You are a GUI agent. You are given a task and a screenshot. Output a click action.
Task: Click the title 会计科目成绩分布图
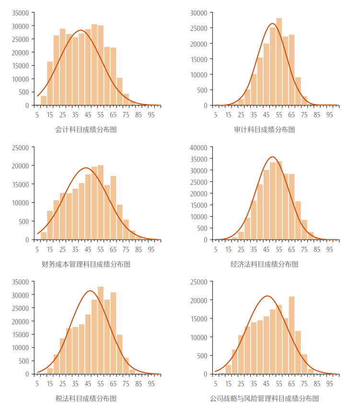pyautogui.click(x=86, y=129)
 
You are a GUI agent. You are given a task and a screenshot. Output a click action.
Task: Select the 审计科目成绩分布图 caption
pyautogui.click(x=264, y=129)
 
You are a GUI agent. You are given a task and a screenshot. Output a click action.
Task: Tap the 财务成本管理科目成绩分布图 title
pyautogui.click(x=86, y=264)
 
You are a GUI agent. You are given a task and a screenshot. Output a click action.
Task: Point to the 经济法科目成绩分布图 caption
pyautogui.click(x=264, y=264)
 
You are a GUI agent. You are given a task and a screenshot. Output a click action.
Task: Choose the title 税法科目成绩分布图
pyautogui.click(x=86, y=398)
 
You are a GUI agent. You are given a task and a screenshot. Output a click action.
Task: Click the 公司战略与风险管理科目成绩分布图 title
pyautogui.click(x=264, y=398)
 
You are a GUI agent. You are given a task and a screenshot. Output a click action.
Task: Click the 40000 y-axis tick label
pyautogui.click(x=199, y=147)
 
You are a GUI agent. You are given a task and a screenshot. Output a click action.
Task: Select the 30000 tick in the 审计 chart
pyautogui.click(x=199, y=13)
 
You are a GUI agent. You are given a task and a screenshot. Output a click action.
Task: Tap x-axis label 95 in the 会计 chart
pyautogui.click(x=151, y=115)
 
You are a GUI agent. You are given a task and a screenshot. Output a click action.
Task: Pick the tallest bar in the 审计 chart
pyautogui.click(x=279, y=61)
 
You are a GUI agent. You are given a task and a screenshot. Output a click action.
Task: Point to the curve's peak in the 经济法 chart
pyautogui.click(x=272, y=157)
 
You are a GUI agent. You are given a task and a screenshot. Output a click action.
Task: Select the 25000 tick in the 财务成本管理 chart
pyautogui.click(x=21, y=147)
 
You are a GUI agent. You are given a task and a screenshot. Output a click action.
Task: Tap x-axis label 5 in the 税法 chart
pyautogui.click(x=37, y=383)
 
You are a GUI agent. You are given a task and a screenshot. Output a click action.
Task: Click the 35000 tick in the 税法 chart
pyautogui.click(x=21, y=281)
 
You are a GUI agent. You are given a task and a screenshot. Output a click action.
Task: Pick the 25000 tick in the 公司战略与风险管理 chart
pyautogui.click(x=199, y=281)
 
